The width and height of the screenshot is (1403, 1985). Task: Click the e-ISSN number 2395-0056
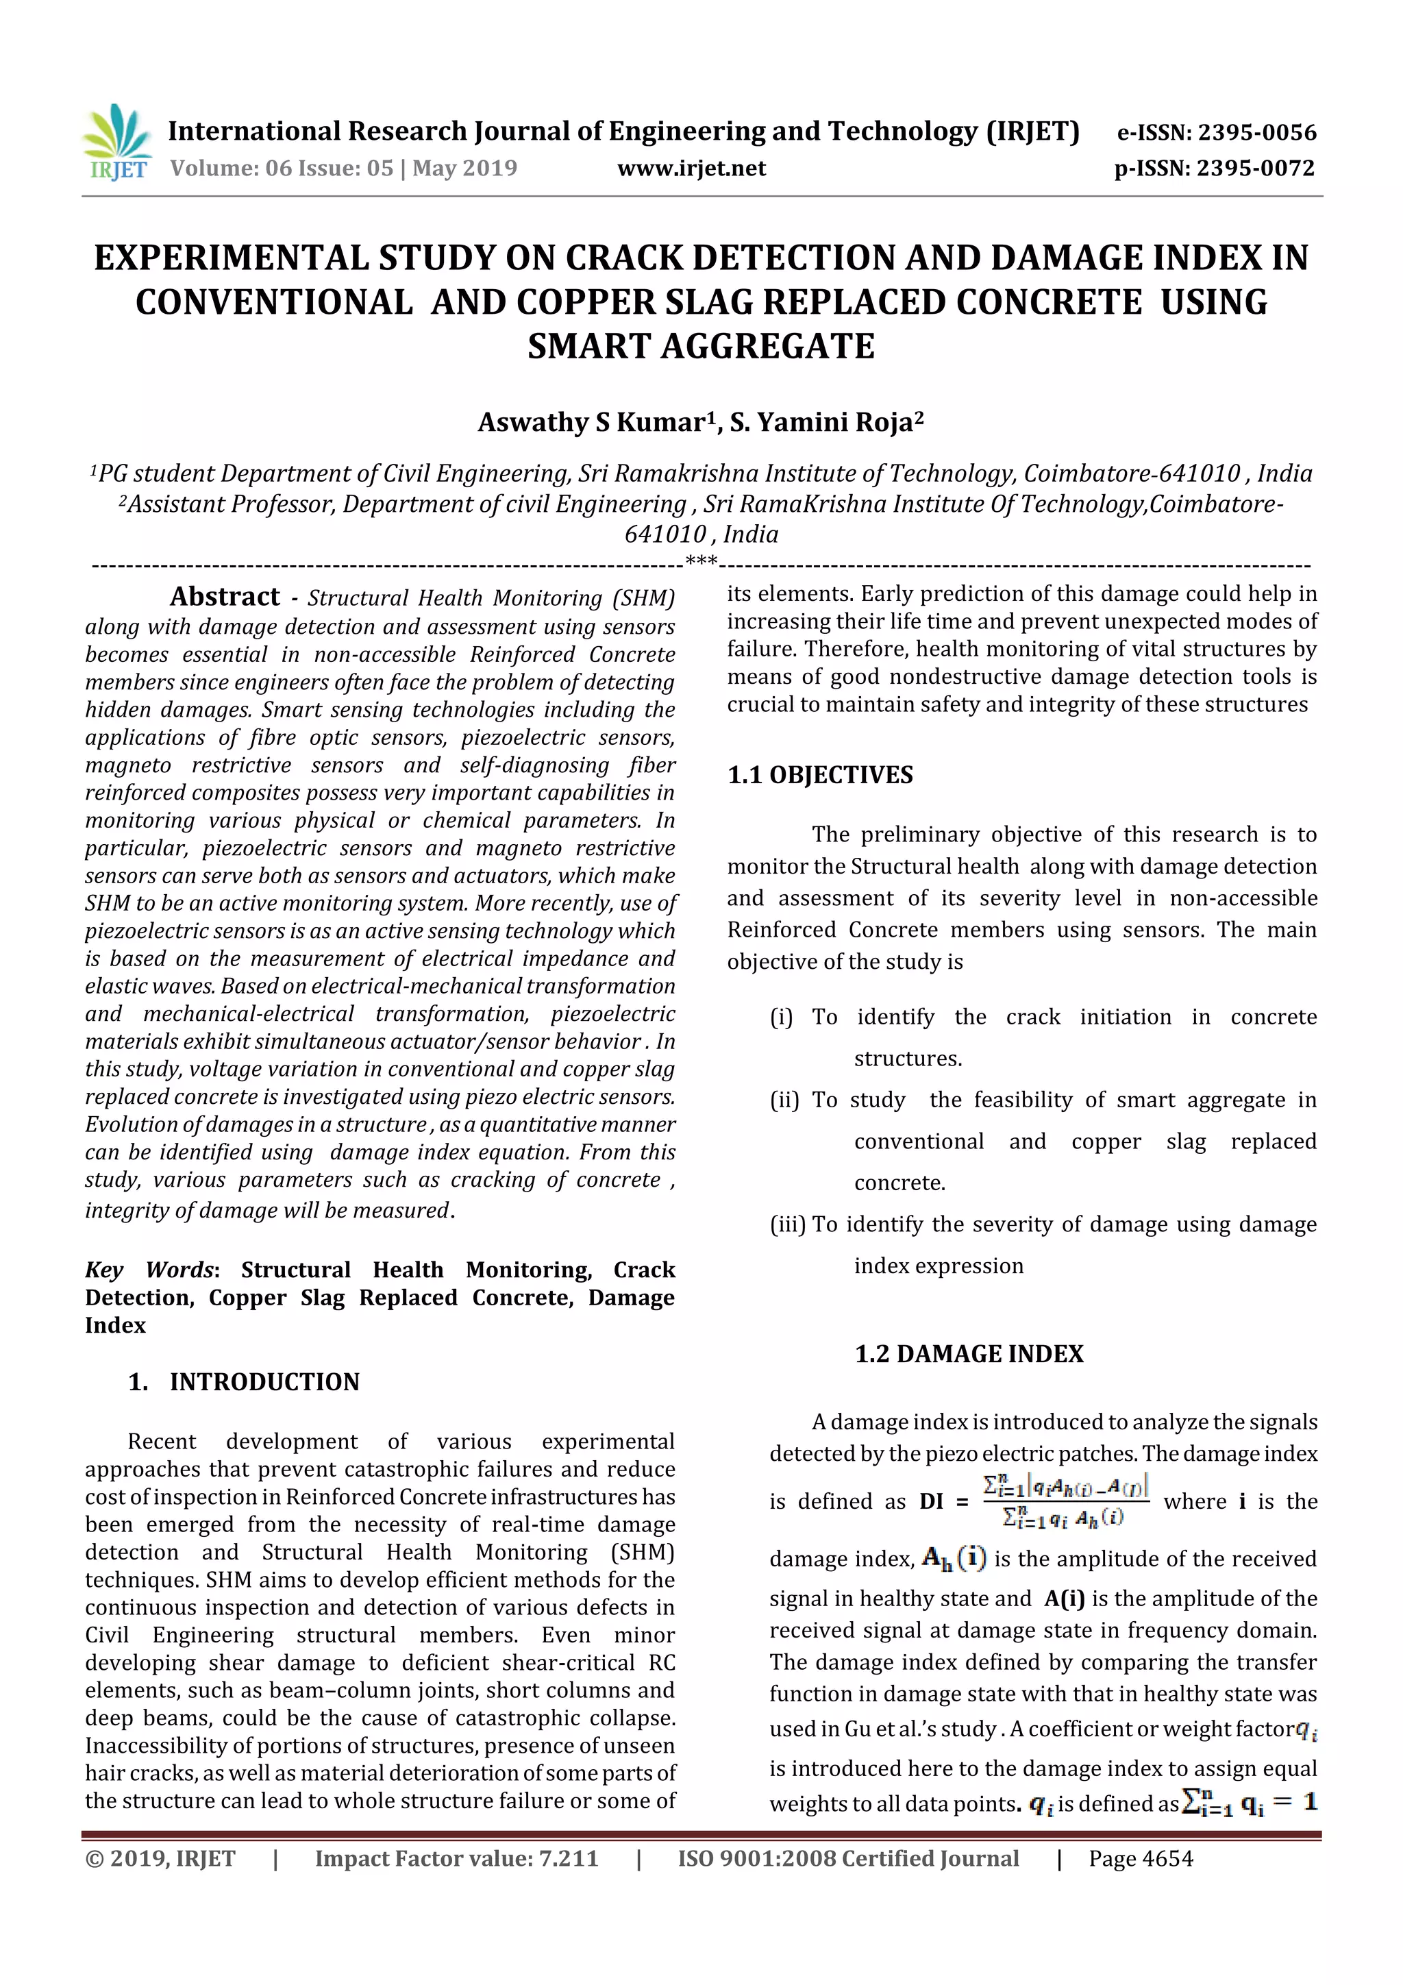point(1256,132)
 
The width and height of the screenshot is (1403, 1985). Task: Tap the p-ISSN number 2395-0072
point(1255,169)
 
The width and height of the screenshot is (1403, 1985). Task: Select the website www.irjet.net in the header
point(691,169)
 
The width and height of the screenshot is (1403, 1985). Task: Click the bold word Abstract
point(225,597)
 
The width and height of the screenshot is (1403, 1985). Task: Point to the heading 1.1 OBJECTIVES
point(819,775)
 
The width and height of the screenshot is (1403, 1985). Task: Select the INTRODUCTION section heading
point(264,1381)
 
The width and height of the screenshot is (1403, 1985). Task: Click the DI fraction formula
point(1065,1501)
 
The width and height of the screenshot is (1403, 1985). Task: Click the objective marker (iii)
point(788,1225)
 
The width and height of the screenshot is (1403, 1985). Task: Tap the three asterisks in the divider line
point(701,561)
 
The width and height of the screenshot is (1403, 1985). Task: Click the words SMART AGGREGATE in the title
point(701,347)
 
